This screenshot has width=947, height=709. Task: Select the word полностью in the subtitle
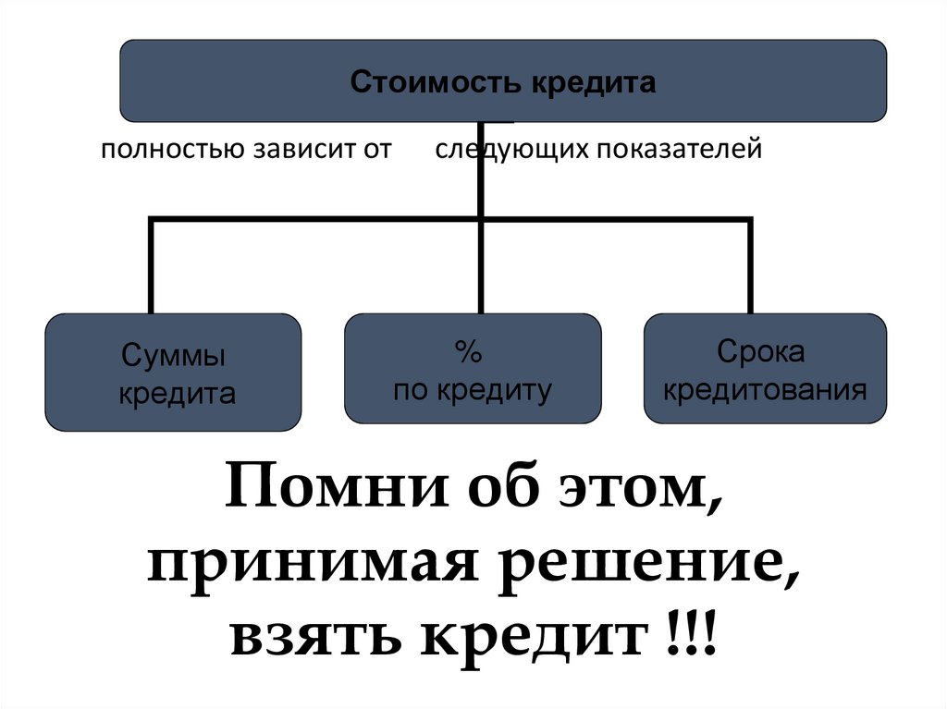point(173,149)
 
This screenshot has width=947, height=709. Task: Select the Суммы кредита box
point(173,373)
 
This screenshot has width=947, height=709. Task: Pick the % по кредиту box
point(473,368)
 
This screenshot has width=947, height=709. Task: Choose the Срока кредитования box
point(765,368)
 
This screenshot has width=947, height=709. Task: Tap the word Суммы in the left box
point(173,356)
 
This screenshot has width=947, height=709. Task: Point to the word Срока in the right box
point(765,351)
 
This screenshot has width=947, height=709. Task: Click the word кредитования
point(765,388)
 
